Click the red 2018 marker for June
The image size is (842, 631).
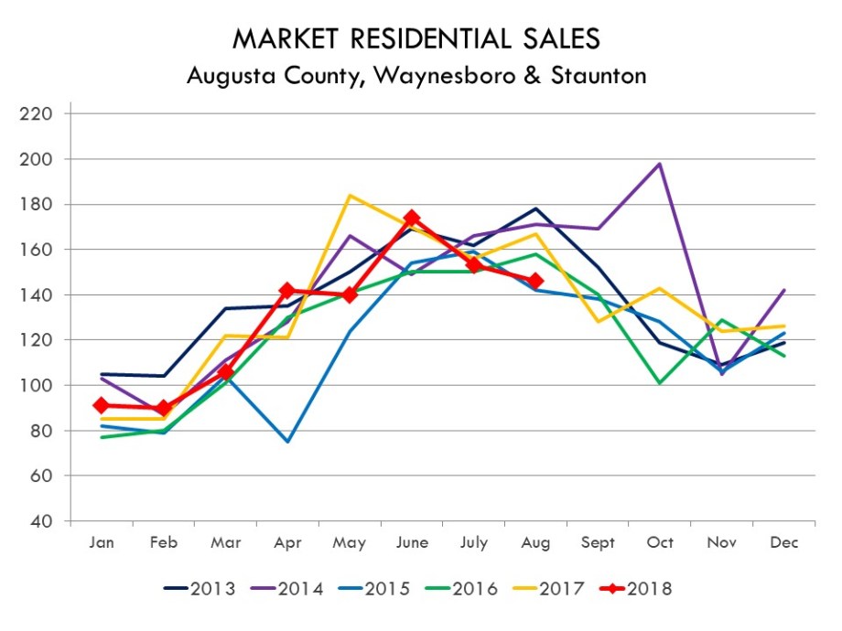pos(412,219)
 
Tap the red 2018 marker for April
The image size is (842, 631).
pos(287,290)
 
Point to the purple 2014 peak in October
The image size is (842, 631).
pos(660,165)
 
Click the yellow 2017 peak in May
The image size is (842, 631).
pos(350,195)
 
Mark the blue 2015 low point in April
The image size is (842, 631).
pos(287,442)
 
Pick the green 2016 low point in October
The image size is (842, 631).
pos(660,383)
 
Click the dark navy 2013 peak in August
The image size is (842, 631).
pos(535,209)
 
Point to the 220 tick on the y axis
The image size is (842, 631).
pos(42,114)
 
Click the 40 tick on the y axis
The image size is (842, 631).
pos(47,521)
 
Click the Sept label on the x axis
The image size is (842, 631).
pos(598,542)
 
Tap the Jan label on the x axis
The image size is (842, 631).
pos(102,542)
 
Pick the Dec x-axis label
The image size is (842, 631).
pos(783,542)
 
